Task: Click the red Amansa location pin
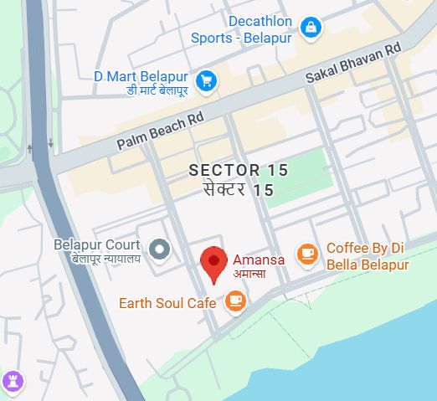click(x=215, y=263)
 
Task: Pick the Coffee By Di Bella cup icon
click(x=308, y=253)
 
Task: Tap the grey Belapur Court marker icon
click(x=158, y=249)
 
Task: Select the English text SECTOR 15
click(x=238, y=171)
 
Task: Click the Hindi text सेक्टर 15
click(x=239, y=190)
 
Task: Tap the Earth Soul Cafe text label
click(x=167, y=303)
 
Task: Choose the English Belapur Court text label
click(x=96, y=245)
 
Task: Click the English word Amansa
click(x=258, y=260)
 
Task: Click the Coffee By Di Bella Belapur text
click(x=368, y=256)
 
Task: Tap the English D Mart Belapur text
click(x=141, y=76)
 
